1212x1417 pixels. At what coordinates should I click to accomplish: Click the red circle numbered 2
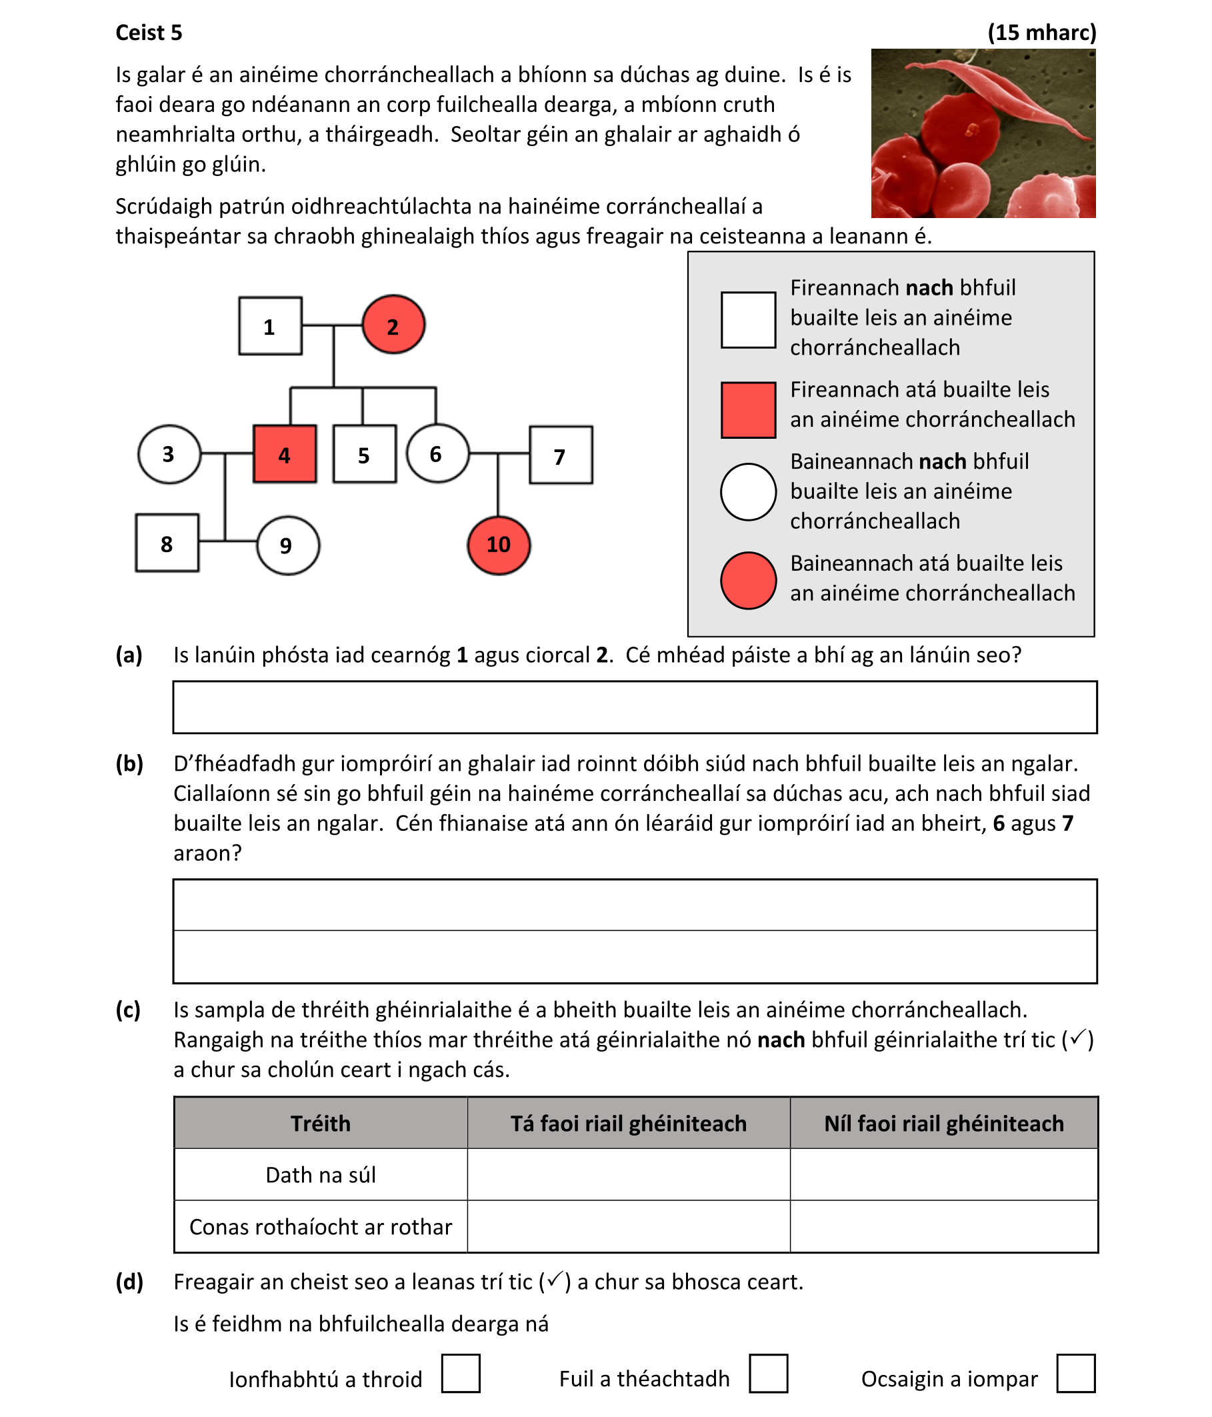[x=393, y=325]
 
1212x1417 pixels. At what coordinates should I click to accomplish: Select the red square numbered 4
[x=285, y=454]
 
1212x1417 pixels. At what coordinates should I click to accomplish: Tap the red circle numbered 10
[x=499, y=545]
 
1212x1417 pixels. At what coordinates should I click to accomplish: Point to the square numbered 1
[x=270, y=325]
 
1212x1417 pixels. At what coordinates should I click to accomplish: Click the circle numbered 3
[x=169, y=453]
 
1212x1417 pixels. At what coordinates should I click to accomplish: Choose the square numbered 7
[x=561, y=455]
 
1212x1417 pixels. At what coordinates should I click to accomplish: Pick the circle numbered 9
[x=287, y=545]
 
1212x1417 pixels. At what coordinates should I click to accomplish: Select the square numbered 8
[x=167, y=543]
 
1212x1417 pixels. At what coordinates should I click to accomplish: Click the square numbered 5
[x=365, y=454]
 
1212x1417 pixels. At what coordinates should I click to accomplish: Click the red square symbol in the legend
[x=748, y=409]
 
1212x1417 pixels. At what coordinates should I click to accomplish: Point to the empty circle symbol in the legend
[x=748, y=491]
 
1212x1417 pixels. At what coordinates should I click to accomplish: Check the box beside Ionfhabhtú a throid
[x=460, y=1373]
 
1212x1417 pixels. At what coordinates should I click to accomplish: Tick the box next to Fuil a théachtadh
[x=768, y=1373]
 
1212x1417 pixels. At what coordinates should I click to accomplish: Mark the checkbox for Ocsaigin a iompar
[x=1075, y=1373]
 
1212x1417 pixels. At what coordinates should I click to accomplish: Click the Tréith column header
[x=320, y=1123]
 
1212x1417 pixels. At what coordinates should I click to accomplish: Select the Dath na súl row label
[x=320, y=1174]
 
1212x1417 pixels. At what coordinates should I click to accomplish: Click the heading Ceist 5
[x=149, y=32]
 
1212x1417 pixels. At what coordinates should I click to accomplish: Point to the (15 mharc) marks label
[x=1041, y=32]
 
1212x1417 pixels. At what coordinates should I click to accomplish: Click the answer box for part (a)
[x=635, y=706]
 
